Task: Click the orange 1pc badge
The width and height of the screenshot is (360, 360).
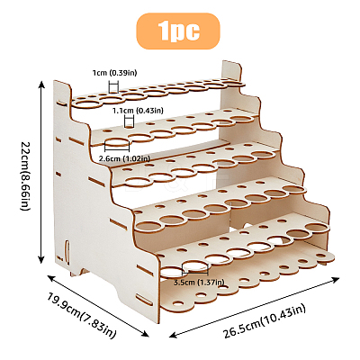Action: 178,31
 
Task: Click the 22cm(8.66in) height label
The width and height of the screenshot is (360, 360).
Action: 25,175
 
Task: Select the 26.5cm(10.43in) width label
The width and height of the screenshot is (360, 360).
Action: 264,321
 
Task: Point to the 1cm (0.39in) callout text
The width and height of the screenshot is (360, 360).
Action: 114,73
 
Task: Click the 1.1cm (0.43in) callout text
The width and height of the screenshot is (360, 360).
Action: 138,111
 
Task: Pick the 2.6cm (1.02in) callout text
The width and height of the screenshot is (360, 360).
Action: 124,158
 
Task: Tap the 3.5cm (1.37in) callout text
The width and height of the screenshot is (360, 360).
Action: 199,283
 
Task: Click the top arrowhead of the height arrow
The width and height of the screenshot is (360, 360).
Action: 41,85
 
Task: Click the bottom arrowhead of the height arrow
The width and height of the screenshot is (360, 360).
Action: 41,260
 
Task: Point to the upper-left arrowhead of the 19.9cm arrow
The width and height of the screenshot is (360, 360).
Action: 51,278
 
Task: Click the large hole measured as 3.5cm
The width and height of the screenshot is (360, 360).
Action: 195,265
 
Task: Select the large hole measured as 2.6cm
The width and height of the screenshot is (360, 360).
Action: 117,143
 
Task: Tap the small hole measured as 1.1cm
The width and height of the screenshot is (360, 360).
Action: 129,126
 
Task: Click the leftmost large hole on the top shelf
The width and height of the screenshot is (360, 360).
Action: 87,103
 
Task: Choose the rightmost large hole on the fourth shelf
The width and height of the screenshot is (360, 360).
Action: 294,189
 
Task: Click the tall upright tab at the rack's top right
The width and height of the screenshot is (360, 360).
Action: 231,71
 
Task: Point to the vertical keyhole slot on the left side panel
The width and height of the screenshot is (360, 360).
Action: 67,251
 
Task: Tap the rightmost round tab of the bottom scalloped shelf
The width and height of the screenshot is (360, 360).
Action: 325,256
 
